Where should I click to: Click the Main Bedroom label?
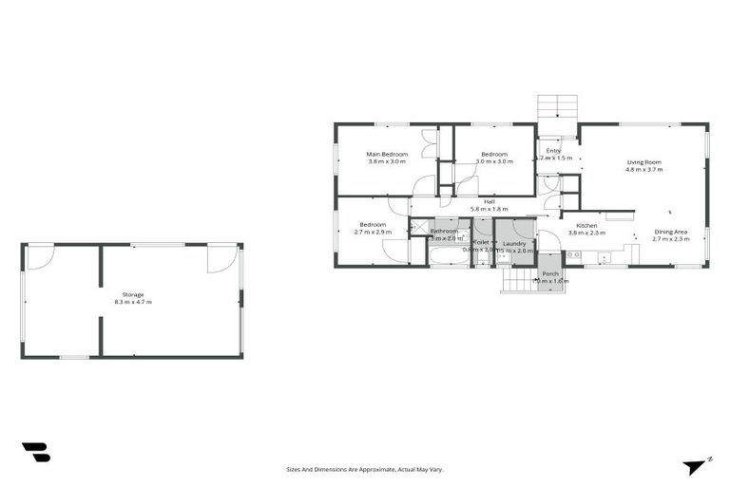[x=387, y=154]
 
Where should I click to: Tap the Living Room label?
[x=644, y=161]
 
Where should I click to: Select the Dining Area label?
[x=670, y=232]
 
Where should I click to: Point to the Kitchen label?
[x=586, y=225]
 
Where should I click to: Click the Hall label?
[x=489, y=201]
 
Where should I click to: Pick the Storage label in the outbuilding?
[x=132, y=294]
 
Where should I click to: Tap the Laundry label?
[x=514, y=244]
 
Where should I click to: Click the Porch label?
[x=549, y=273]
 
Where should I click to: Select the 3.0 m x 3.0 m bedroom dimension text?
[x=493, y=162]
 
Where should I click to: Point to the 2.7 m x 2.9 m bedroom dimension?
[x=373, y=233]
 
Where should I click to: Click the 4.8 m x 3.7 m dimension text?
[x=644, y=169]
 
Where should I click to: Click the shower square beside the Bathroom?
[x=419, y=227]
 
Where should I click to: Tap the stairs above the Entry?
[x=557, y=105]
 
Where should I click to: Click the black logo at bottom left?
[x=36, y=453]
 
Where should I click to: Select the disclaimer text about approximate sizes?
[x=365, y=469]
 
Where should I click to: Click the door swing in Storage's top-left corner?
[x=39, y=256]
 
